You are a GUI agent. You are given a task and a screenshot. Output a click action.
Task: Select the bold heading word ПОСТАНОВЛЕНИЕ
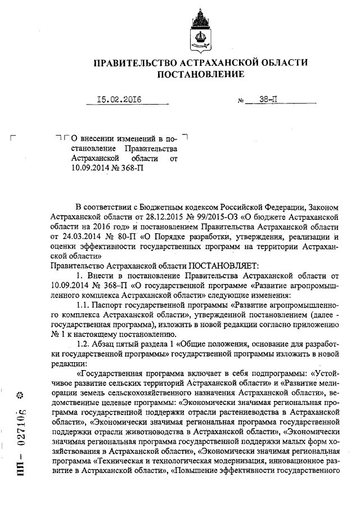point(200,74)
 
